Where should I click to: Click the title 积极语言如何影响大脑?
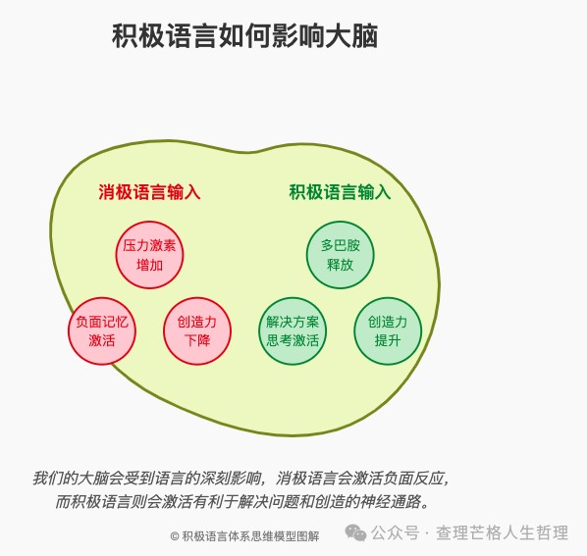tap(244, 36)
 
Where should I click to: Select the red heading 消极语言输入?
tap(149, 192)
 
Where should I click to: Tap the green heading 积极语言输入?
tap(340, 192)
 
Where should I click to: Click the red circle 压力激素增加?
tap(149, 255)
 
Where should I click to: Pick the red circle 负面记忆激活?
tap(102, 331)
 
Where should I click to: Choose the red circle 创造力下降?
tap(197, 331)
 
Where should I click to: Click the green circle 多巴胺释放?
tap(340, 255)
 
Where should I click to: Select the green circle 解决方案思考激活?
tap(293, 331)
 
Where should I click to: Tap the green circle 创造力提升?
tap(388, 331)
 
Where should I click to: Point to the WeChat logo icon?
tap(355, 532)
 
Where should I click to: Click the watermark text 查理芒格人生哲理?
tap(502, 532)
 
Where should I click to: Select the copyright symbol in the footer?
tap(175, 536)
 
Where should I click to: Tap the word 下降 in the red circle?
tap(197, 340)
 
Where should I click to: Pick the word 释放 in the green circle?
tap(340, 265)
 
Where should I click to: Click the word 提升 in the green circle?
tap(388, 340)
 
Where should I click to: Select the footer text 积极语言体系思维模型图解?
tap(250, 536)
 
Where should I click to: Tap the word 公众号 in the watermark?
tap(395, 532)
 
